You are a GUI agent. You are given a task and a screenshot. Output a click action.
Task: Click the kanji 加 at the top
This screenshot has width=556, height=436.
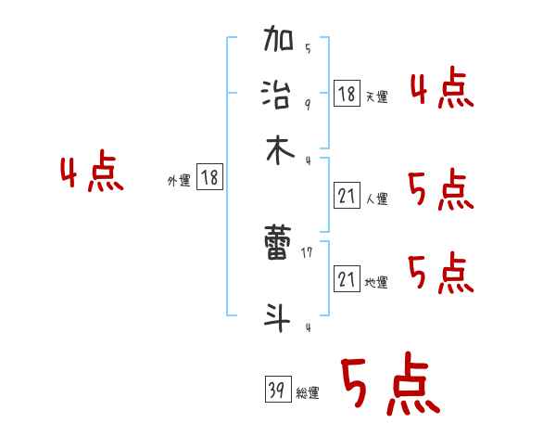point(279,41)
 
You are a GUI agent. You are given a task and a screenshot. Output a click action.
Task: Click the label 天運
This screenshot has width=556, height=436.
point(375,96)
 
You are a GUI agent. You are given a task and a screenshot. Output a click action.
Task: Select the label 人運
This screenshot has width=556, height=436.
point(375,199)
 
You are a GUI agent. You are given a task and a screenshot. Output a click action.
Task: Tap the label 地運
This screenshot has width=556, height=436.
point(375,283)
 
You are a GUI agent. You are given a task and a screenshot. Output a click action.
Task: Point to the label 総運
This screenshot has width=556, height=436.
point(308,393)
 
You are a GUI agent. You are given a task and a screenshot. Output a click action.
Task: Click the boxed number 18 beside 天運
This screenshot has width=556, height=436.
point(346,93)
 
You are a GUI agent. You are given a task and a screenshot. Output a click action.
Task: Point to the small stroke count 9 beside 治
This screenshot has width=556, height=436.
point(307,104)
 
